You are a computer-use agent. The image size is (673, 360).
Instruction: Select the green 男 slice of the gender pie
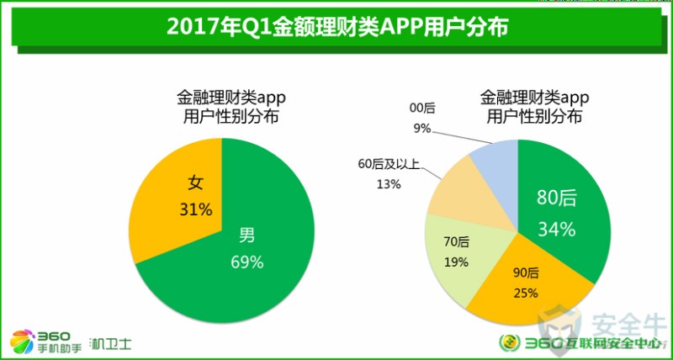pos(252,269)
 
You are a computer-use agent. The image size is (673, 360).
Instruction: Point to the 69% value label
pos(247,262)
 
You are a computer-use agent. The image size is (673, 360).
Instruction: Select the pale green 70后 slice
pos(458,252)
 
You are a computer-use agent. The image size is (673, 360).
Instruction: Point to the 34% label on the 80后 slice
pos(557,228)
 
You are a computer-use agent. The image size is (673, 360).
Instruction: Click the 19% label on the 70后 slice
pos(456,262)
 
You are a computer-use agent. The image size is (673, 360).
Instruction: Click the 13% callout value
pos(389,185)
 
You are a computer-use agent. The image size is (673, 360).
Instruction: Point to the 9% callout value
pos(421,128)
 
